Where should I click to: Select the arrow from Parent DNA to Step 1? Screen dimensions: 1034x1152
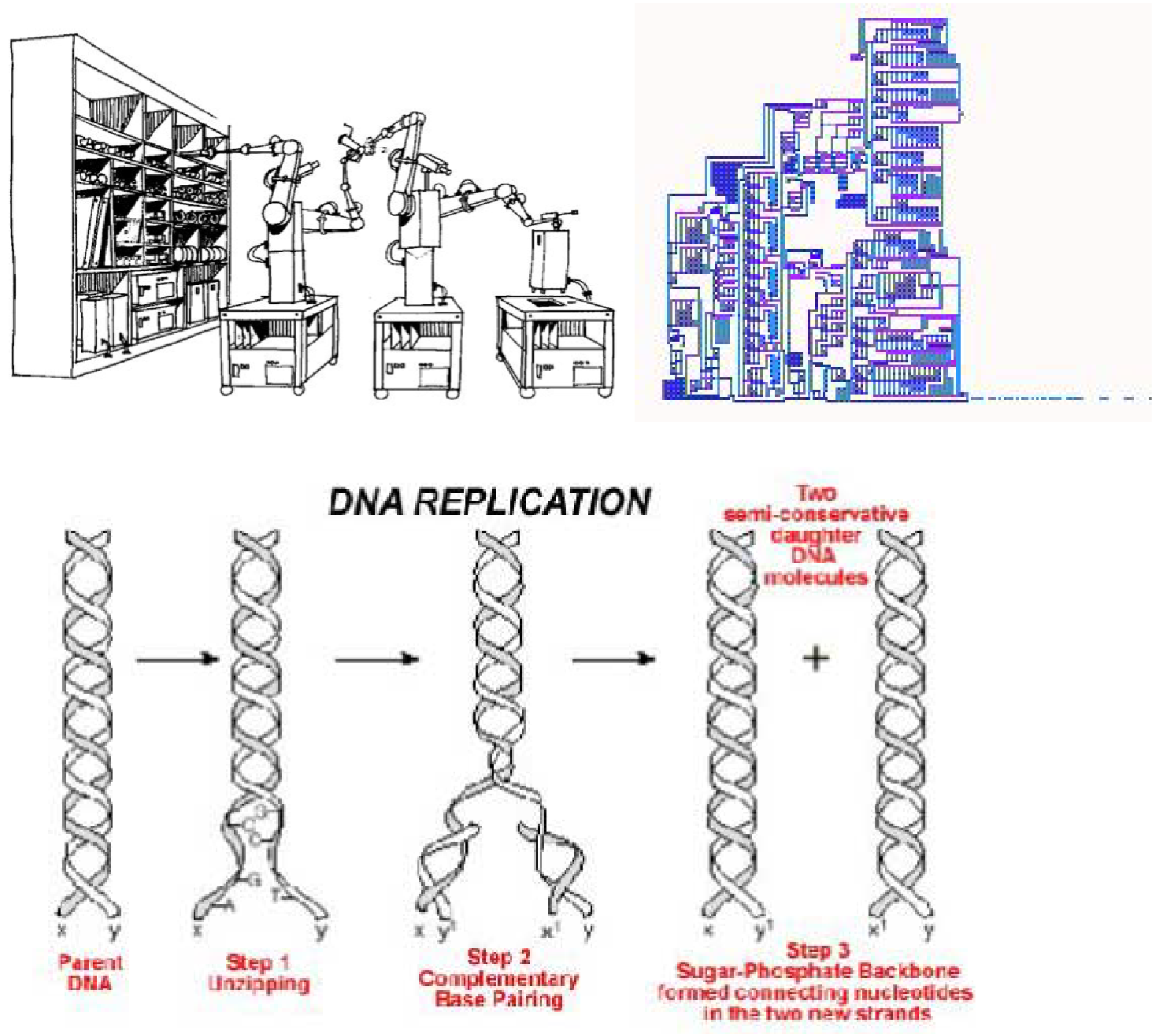177,658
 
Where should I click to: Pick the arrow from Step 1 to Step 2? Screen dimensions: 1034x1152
376,658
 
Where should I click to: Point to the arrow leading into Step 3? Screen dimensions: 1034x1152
613,658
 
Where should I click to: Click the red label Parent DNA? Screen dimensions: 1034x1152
90,973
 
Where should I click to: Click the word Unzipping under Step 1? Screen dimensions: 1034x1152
258,984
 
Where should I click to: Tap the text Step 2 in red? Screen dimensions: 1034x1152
498,958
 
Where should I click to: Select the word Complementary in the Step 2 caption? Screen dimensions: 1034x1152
498,979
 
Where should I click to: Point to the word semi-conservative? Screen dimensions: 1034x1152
816,514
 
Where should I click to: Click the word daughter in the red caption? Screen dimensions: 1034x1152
816,536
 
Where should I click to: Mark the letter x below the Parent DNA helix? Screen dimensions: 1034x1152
62,930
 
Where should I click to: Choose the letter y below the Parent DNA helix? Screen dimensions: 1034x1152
116,932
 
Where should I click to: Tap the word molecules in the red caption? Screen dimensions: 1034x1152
816,577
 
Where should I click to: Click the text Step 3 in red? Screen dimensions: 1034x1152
817,951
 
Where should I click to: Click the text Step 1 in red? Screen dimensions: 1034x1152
258,962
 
